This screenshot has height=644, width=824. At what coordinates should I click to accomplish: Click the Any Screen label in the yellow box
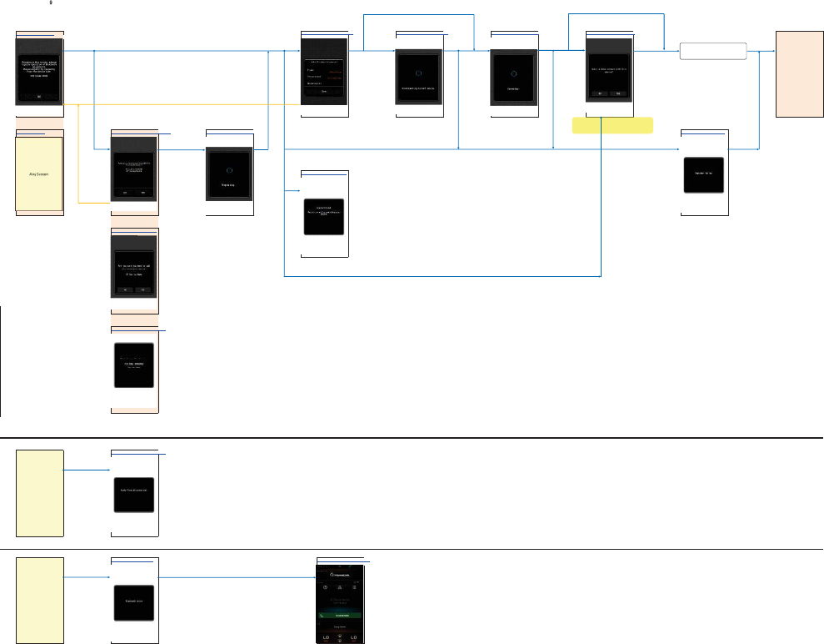(x=39, y=175)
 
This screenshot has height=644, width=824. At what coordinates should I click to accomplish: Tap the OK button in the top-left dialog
(x=39, y=96)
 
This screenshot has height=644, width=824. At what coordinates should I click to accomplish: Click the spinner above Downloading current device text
(x=419, y=73)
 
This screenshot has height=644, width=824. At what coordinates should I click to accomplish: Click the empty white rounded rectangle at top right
(x=713, y=51)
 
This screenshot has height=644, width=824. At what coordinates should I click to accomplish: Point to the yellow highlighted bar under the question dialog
(x=612, y=125)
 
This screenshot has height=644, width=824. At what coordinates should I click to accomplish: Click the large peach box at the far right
(x=799, y=73)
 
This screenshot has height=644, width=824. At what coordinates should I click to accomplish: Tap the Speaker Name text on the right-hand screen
(x=705, y=174)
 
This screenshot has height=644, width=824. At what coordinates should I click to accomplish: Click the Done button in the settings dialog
(x=323, y=92)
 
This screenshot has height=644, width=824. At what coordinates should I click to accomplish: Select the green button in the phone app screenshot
(x=339, y=614)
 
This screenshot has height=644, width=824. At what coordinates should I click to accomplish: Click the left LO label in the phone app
(x=326, y=638)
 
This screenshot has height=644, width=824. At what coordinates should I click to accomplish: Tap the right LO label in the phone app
(x=353, y=638)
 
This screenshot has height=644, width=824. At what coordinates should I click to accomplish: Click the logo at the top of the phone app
(x=340, y=574)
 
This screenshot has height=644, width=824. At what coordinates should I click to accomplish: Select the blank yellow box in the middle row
(x=40, y=492)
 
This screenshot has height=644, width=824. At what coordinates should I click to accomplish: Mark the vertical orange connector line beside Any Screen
(x=77, y=154)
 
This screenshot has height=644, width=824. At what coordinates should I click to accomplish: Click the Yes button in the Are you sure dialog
(x=144, y=289)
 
